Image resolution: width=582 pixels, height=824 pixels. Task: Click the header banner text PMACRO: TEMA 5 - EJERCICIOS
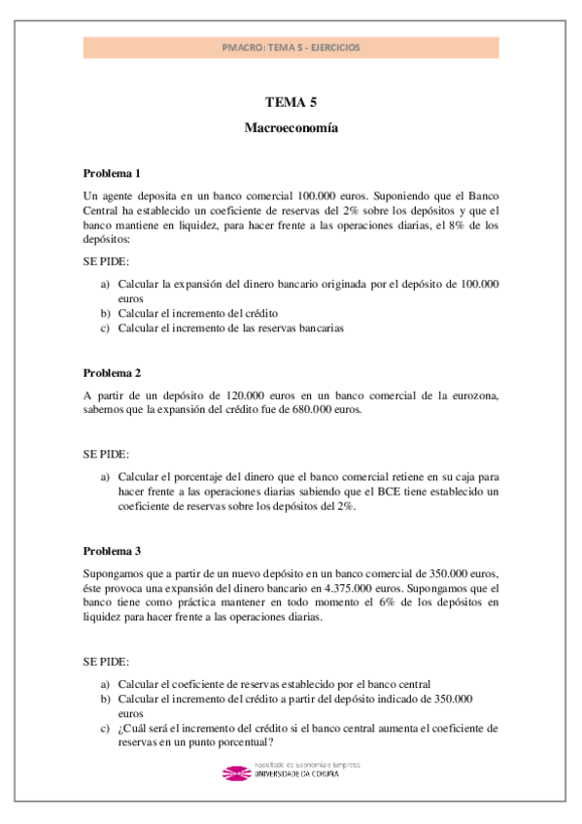coord(291,47)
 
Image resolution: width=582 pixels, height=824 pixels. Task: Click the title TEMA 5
coord(291,102)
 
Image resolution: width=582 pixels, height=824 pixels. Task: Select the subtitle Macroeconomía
coord(291,127)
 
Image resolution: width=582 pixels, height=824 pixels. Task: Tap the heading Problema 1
coord(112,173)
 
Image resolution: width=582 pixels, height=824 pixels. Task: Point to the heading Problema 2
coord(112,373)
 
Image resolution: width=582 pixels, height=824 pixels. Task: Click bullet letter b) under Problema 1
coord(105,314)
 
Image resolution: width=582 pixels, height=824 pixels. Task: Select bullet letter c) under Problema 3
coord(105,727)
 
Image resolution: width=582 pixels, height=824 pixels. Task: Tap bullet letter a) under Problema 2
coord(105,477)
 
